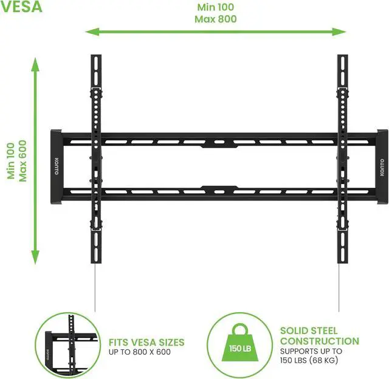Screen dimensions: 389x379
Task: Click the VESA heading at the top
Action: [x=21, y=8]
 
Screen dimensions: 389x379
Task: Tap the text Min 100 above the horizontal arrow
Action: [x=215, y=7]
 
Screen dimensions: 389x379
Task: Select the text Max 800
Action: [x=215, y=19]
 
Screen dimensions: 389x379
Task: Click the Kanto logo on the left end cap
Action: [x=57, y=167]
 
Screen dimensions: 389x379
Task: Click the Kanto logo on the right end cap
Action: [x=382, y=167]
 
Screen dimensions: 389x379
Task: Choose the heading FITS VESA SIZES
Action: [x=146, y=343]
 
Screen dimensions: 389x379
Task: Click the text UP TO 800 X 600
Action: [x=139, y=352]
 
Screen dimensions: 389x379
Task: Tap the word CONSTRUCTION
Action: [x=319, y=341]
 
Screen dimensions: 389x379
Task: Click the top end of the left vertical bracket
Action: [x=95, y=58]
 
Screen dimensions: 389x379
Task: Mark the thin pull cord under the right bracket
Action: [x=339, y=285]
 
